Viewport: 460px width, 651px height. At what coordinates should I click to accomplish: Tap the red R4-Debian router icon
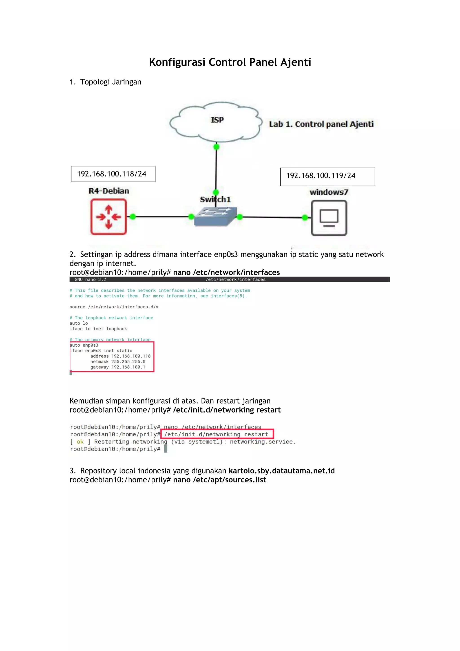pyautogui.click(x=108, y=217)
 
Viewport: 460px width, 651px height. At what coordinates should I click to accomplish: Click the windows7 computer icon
pyautogui.click(x=329, y=218)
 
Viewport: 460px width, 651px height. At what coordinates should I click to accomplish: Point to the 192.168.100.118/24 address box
pyautogui.click(x=113, y=174)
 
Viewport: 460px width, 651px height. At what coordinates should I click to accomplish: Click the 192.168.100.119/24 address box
pyautogui.click(x=327, y=177)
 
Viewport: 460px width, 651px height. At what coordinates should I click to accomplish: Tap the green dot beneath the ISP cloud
pyautogui.click(x=216, y=147)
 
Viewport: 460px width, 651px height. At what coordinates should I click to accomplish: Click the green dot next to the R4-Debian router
pyautogui.click(x=133, y=217)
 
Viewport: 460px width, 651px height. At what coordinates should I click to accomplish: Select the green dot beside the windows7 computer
pyautogui.click(x=305, y=217)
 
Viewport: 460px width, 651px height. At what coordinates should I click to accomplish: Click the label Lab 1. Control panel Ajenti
pyautogui.click(x=321, y=124)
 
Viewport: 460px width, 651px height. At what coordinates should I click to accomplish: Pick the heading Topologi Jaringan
pyautogui.click(x=111, y=82)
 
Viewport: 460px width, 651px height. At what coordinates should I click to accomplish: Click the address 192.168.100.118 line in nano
pyautogui.click(x=120, y=356)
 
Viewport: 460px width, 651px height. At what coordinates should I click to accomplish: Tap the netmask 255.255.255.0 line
pyautogui.click(x=118, y=361)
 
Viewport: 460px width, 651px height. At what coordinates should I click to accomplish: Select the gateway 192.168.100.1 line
pyautogui.click(x=118, y=367)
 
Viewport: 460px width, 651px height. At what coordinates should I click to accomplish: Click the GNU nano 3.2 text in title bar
pyautogui.click(x=90, y=280)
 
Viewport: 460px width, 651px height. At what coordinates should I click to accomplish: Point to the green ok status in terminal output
pyautogui.click(x=80, y=442)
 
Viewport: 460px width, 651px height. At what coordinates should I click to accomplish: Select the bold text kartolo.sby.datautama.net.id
pyautogui.click(x=282, y=471)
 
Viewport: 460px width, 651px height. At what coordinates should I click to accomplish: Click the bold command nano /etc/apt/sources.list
pyautogui.click(x=219, y=480)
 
